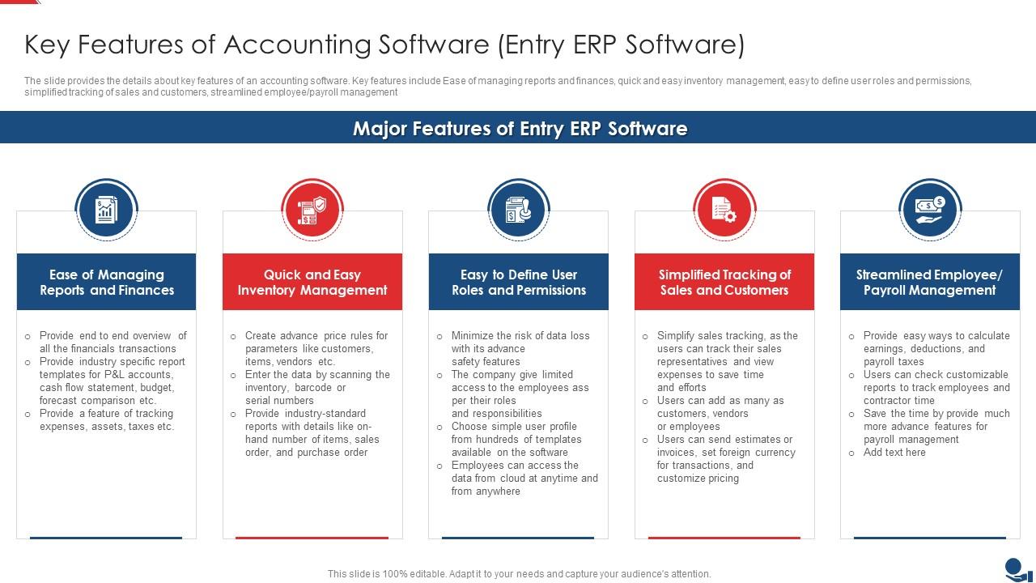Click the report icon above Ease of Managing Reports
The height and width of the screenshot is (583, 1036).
click(106, 210)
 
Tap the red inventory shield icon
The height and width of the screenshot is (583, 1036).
click(312, 210)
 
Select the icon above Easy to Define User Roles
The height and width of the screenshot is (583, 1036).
click(518, 210)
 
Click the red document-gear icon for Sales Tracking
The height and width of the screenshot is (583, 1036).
click(724, 210)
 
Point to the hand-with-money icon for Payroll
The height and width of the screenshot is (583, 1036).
click(930, 210)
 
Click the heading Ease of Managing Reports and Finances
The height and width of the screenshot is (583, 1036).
click(106, 282)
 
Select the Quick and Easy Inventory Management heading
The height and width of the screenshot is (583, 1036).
click(312, 282)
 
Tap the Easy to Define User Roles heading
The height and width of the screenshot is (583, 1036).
click(518, 282)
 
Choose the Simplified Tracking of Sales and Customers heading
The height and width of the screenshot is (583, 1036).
click(724, 282)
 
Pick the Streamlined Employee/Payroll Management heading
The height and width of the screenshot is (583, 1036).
click(930, 282)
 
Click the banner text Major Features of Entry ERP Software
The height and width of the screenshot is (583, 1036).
click(520, 129)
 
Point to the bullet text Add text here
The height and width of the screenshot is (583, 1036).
click(894, 453)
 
